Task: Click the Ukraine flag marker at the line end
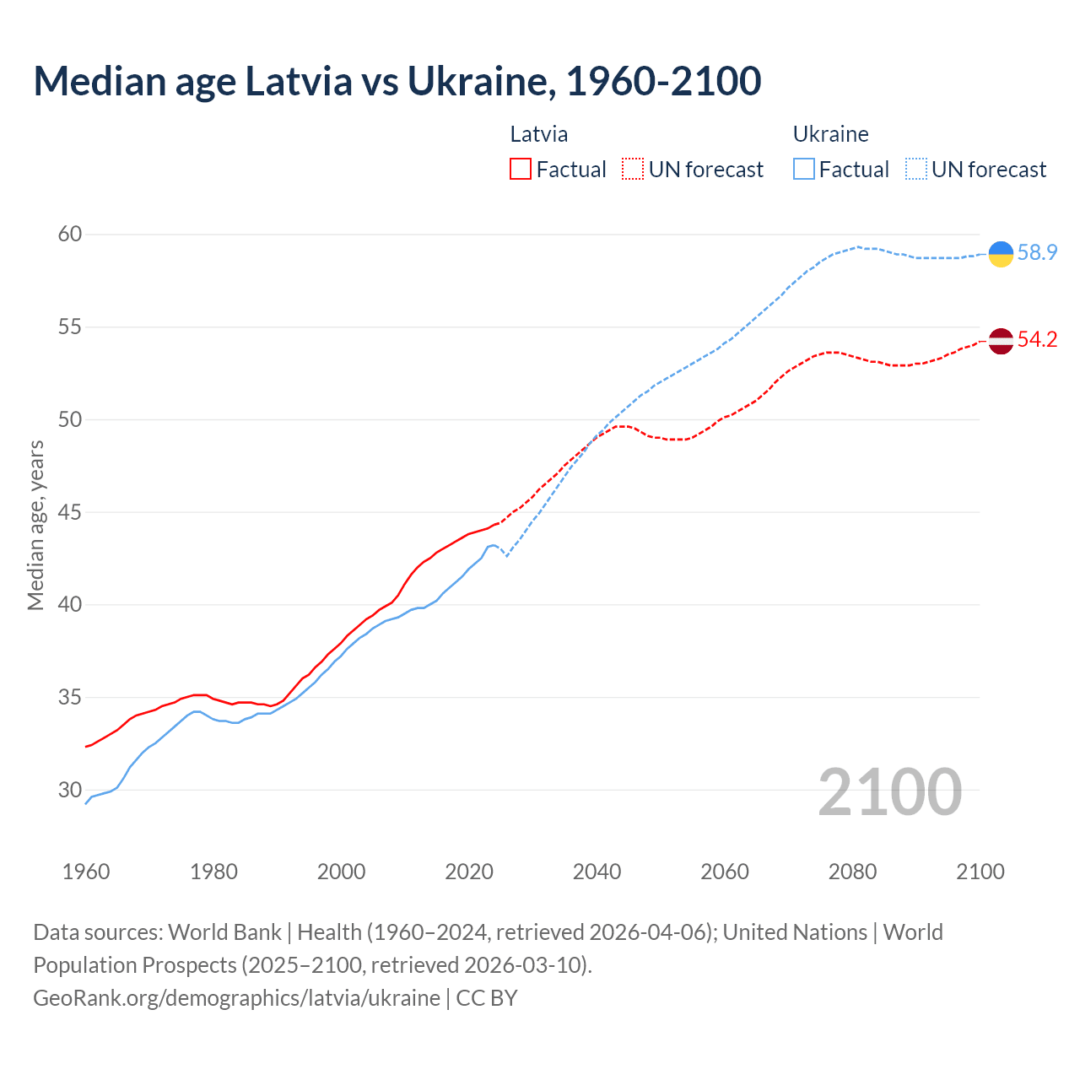1001,253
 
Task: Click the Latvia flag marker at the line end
1001,341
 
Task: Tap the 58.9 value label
1037,252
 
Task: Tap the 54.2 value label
1037,339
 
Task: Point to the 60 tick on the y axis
70,234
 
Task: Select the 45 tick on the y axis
70,512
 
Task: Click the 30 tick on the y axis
70,791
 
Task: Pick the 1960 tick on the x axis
86,872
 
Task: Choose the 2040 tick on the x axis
597,872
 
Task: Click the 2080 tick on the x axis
852,872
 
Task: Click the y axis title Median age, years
35,525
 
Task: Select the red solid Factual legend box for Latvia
521,170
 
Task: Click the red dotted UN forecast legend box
633,170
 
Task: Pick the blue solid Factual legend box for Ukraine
804,170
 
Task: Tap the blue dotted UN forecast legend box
916,170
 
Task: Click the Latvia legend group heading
539,134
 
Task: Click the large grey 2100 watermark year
889,792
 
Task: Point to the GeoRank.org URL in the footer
236,998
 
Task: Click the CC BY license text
487,998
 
